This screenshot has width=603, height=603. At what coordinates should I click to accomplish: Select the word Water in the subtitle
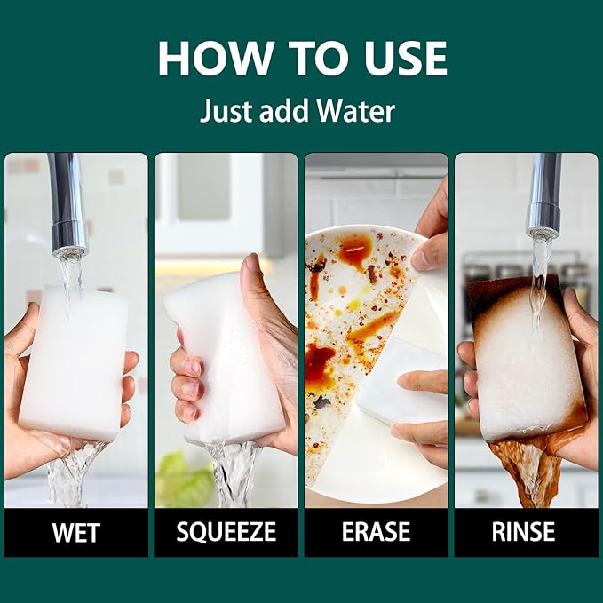tap(355, 111)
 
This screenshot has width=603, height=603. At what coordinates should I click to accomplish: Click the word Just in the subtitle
tap(226, 111)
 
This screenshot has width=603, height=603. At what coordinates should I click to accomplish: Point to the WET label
tap(76, 532)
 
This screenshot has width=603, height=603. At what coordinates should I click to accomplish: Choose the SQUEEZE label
tap(226, 532)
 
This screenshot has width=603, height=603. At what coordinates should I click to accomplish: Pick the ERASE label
tap(377, 532)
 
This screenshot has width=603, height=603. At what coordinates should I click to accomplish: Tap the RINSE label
tap(523, 532)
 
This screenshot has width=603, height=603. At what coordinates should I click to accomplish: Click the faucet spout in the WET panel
tap(67, 204)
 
